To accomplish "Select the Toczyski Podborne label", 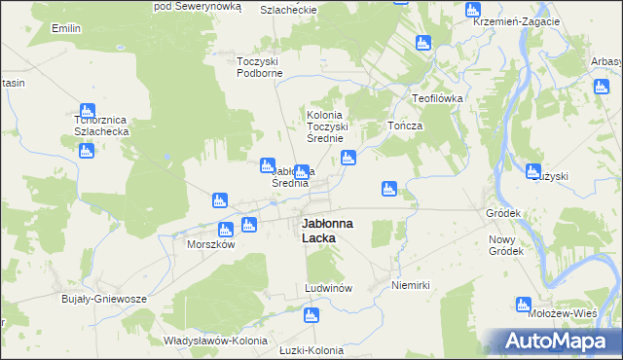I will [x=260, y=67].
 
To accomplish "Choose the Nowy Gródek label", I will [x=506, y=245].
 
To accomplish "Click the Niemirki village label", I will [x=410, y=285].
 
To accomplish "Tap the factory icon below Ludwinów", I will [x=311, y=315].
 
